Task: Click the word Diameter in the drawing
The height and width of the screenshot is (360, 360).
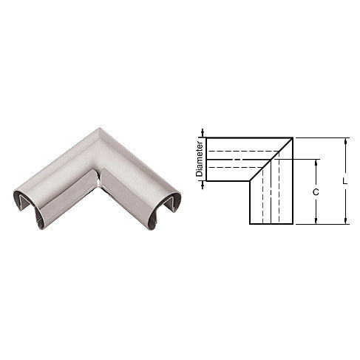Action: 199,159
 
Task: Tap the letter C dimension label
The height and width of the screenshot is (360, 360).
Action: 316,191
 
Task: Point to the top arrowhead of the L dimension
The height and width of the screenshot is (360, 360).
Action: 344,140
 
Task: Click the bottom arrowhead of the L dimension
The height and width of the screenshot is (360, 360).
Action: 344,221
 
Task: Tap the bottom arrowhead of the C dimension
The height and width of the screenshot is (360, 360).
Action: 316,221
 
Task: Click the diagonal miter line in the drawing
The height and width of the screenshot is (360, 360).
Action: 272,160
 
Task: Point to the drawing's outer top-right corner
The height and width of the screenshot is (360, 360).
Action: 295,138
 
